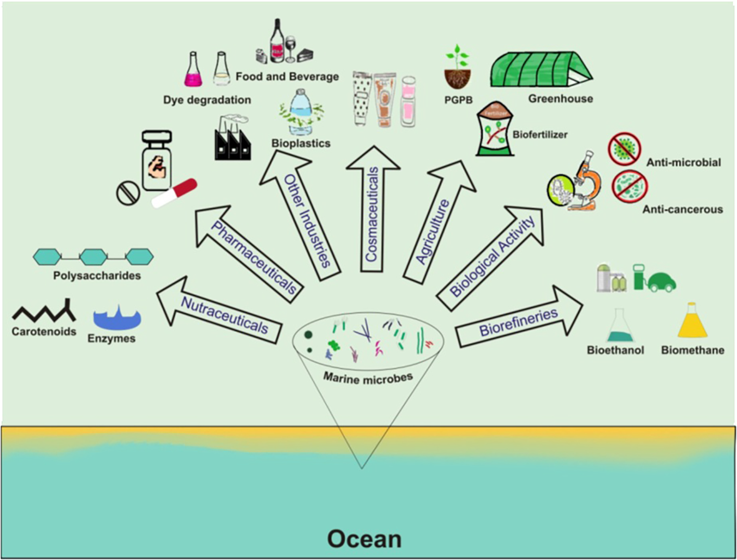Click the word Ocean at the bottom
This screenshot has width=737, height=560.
(x=364, y=539)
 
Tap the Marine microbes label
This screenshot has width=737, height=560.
(x=368, y=378)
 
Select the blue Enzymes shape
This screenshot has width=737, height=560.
(x=117, y=318)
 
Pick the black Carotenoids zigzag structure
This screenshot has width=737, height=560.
(x=44, y=311)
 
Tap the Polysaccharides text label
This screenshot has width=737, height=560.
(x=97, y=276)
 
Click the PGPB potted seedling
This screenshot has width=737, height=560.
(x=458, y=68)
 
